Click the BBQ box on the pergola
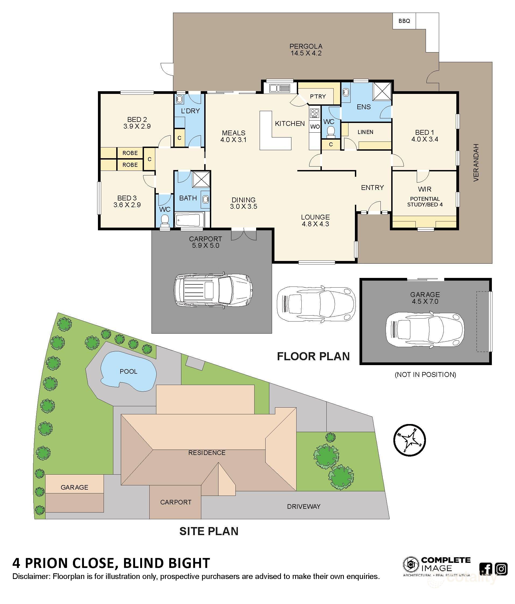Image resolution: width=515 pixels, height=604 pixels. (x=404, y=21)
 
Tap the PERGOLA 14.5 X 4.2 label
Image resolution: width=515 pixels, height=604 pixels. (x=306, y=50)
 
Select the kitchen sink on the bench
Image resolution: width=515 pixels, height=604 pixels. (x=280, y=88)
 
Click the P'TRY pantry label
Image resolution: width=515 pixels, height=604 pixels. (x=318, y=97)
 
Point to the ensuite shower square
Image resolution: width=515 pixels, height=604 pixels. (x=382, y=91)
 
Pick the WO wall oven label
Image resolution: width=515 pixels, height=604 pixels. (x=315, y=127)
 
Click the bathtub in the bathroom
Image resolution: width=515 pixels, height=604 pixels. (x=189, y=220)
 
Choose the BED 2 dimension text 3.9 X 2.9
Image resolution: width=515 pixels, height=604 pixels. (x=137, y=126)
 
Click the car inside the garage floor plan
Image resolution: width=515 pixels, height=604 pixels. (x=425, y=329)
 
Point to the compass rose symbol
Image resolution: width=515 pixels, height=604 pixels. (x=410, y=440)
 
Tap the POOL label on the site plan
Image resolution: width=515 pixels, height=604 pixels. (x=129, y=371)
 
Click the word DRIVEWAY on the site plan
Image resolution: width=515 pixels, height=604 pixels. (x=304, y=506)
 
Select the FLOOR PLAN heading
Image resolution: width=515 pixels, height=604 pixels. (x=313, y=356)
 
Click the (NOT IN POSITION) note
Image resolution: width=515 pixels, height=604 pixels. (x=425, y=375)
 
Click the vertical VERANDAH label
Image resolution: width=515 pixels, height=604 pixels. (x=476, y=163)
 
